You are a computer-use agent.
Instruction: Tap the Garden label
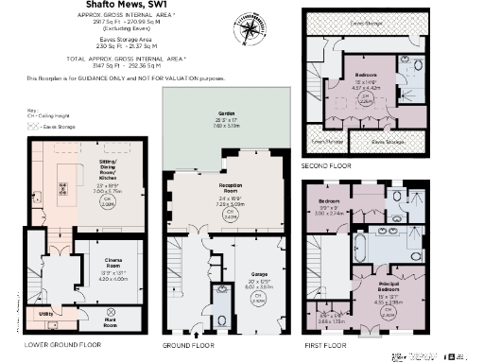(225, 116)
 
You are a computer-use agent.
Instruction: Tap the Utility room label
(44, 312)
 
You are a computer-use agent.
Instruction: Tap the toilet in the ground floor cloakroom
(221, 312)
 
